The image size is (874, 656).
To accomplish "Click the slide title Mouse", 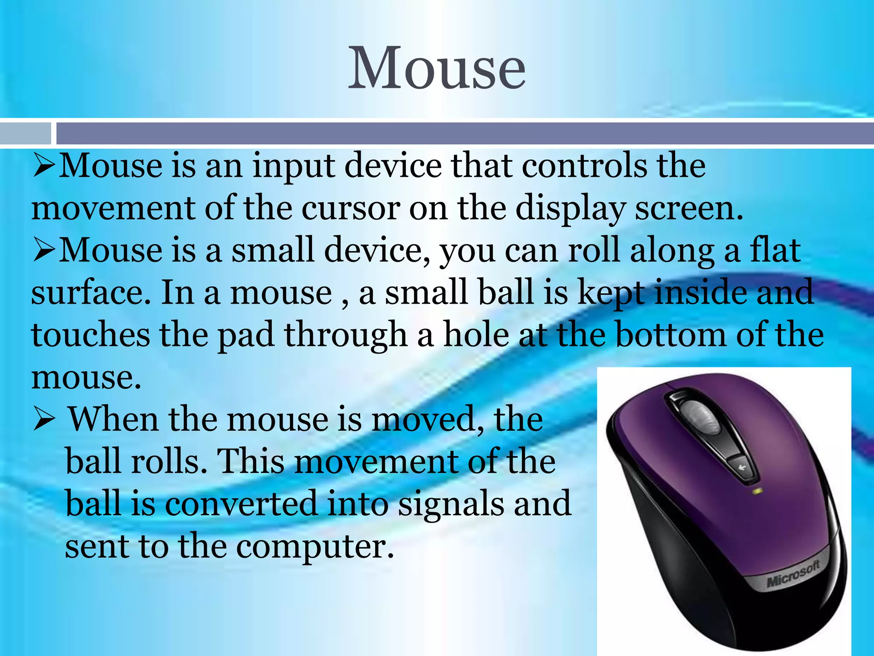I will click(437, 68).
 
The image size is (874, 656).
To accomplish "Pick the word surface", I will click(90, 293).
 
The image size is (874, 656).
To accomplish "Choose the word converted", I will click(241, 504).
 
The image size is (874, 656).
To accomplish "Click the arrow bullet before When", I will click(44, 420).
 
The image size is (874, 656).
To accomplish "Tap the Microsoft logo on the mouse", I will click(793, 574).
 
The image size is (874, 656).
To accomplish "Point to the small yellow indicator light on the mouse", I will click(758, 491).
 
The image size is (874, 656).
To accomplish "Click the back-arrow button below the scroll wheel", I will click(742, 467).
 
